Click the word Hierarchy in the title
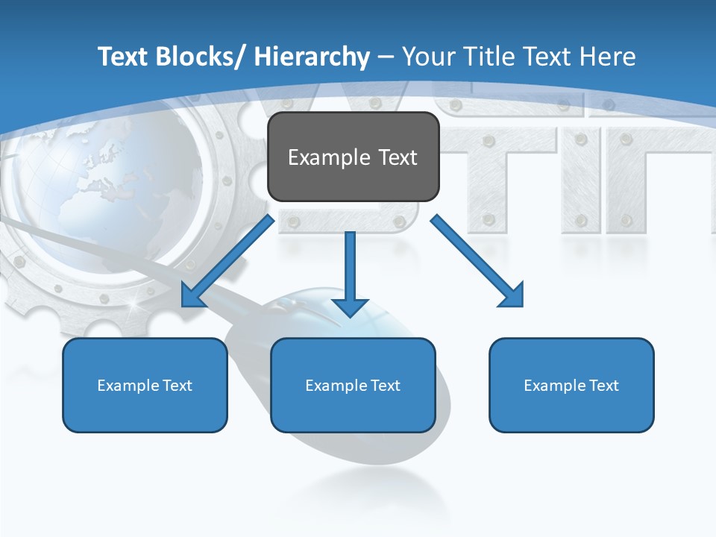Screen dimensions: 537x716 pyautogui.click(x=311, y=57)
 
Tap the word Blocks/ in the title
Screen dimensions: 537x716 pyautogui.click(x=201, y=57)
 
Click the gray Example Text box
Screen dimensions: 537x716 pyautogui.click(x=353, y=157)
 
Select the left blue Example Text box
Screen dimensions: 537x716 pyautogui.click(x=145, y=385)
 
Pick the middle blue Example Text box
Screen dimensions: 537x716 pyautogui.click(x=353, y=385)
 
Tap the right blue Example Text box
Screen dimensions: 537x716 pyautogui.click(x=571, y=385)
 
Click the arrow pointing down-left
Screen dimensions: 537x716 pyautogui.click(x=227, y=261)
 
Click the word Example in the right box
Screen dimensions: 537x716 pyautogui.click(x=550, y=386)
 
